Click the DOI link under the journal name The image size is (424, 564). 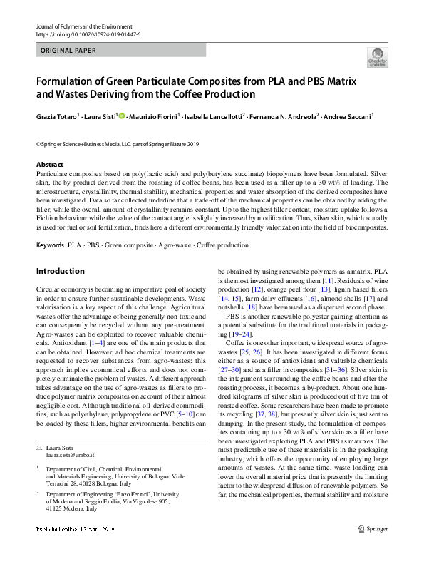point(88,34)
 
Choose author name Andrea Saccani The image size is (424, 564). point(349,116)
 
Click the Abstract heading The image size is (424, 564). point(49,165)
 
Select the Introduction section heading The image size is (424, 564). point(60,272)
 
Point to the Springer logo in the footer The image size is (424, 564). point(372,548)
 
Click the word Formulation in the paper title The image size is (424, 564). point(68,81)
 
